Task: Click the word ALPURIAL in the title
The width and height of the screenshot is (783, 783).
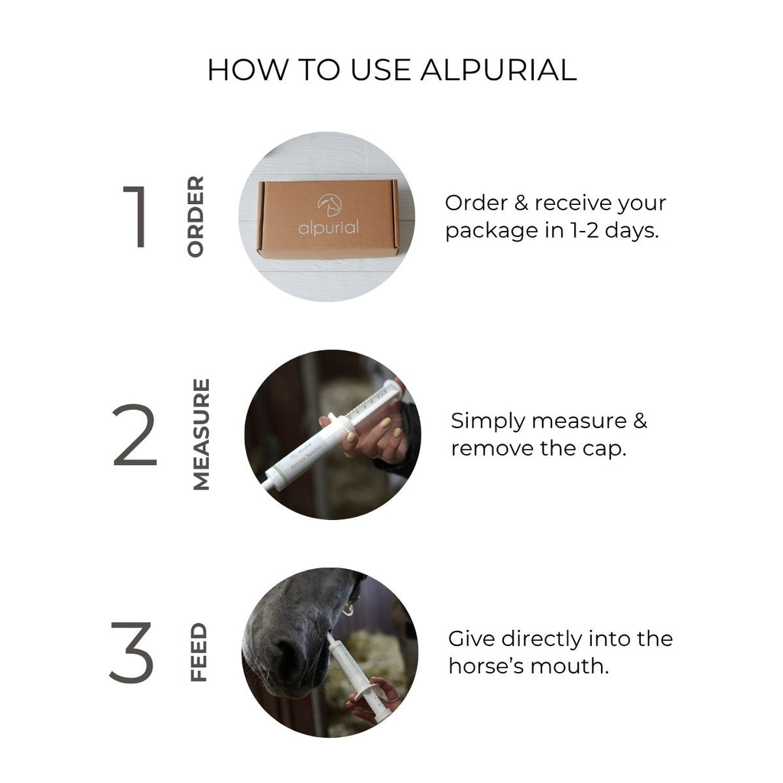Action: click(499, 70)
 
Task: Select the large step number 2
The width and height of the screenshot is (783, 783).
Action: click(135, 434)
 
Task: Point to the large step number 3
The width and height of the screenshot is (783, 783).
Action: click(132, 652)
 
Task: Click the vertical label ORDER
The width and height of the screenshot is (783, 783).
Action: click(195, 216)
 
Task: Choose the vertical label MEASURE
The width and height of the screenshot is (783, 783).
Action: click(201, 434)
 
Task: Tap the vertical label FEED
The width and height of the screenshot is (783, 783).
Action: click(198, 652)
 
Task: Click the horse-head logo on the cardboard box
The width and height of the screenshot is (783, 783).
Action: click(330, 205)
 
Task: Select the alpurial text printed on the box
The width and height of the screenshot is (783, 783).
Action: click(329, 228)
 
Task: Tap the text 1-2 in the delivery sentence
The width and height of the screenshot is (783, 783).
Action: click(585, 230)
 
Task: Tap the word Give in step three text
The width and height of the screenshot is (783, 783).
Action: click(472, 638)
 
